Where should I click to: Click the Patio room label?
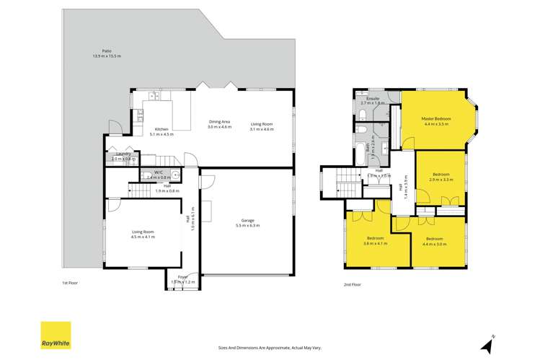[107, 51]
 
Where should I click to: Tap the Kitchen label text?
[161, 129]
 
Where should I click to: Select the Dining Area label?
[220, 122]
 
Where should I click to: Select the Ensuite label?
[373, 99]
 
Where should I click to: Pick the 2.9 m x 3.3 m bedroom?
[441, 178]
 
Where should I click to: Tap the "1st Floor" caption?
[69, 284]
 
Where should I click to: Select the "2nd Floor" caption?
[352, 284]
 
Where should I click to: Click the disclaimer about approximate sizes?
[270, 346]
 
